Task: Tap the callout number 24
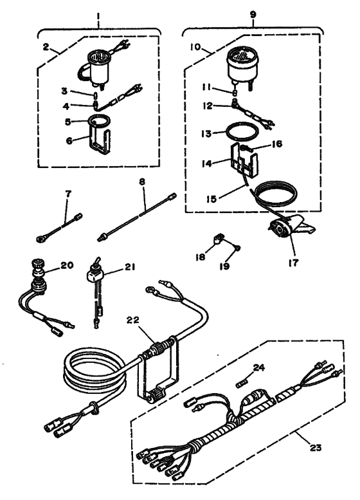[257, 369]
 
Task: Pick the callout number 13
[206, 136]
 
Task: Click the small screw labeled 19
[238, 247]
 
